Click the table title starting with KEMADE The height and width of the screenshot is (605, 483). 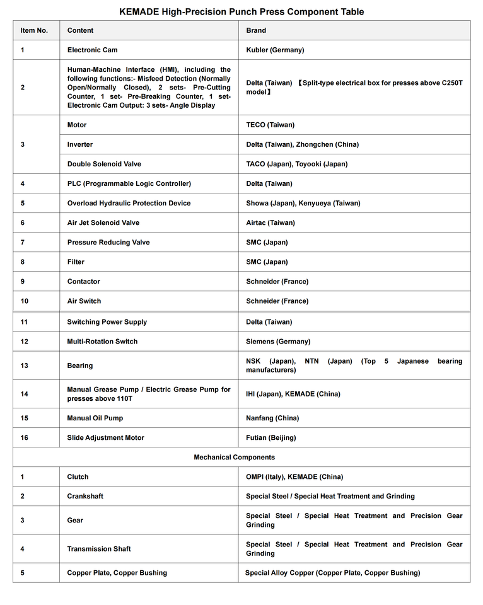(x=241, y=12)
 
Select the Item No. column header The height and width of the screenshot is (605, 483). (x=34, y=30)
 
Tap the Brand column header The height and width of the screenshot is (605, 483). (x=256, y=30)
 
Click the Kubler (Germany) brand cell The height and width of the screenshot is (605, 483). (x=275, y=50)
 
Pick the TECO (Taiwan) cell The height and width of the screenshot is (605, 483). (x=270, y=125)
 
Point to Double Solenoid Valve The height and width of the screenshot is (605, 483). (x=104, y=164)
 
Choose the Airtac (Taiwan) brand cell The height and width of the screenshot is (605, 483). (x=270, y=222)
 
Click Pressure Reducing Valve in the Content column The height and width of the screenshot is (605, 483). (x=108, y=242)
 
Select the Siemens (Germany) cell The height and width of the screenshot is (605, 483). (x=278, y=341)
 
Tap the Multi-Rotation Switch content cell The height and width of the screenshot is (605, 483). (x=102, y=341)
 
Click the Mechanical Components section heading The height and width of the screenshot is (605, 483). (x=234, y=457)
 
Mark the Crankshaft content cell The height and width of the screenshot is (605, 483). (x=85, y=496)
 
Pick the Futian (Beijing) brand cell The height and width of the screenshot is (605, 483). (x=271, y=437)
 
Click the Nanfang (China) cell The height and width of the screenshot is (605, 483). (x=272, y=418)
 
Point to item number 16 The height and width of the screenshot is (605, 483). (x=25, y=437)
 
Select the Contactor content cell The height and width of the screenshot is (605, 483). (x=83, y=281)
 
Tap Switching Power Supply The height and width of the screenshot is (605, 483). (x=107, y=321)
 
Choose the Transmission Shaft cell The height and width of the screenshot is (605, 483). (x=99, y=549)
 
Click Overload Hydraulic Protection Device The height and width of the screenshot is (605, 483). (x=129, y=203)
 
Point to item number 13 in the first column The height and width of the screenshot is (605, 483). (x=25, y=366)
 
